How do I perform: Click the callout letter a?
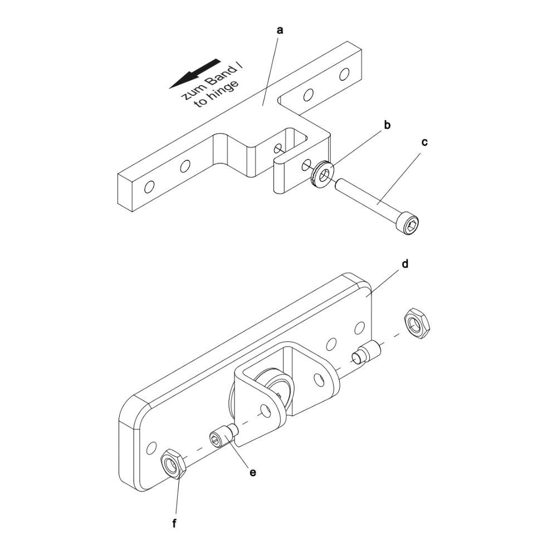point(280,31)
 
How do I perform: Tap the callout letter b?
point(387,125)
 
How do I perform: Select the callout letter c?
point(424,143)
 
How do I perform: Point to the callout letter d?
point(404,264)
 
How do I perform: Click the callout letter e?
point(252,472)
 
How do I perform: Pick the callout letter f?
point(174,523)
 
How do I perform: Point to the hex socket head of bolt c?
point(409,223)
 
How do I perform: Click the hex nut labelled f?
point(173,464)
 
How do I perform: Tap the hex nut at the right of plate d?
point(418,324)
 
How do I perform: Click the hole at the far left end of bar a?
point(149,187)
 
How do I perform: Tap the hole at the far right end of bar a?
point(344,74)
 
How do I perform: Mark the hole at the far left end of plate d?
point(152,448)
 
